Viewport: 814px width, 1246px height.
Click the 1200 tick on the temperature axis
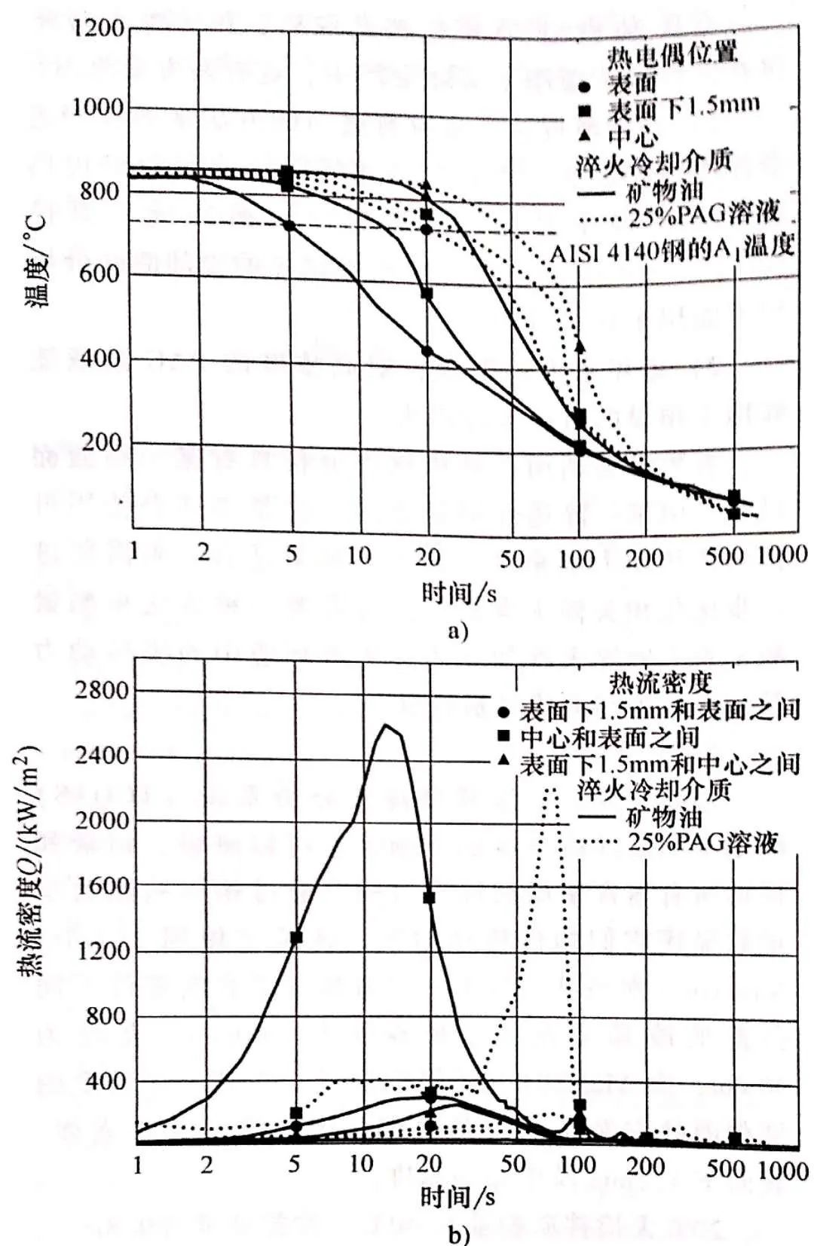click(x=98, y=29)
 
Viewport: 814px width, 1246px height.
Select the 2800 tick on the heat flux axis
click(x=101, y=691)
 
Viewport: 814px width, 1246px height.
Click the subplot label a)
click(x=457, y=630)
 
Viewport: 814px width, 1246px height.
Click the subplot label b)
click(x=457, y=1235)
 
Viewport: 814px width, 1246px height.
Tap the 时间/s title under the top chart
click(x=457, y=593)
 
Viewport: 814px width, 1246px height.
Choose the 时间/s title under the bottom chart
click(x=457, y=1196)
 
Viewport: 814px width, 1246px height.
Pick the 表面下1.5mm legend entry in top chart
click(x=682, y=108)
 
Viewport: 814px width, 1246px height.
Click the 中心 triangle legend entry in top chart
click(x=632, y=136)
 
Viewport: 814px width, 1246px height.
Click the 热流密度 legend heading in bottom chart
click(x=660, y=683)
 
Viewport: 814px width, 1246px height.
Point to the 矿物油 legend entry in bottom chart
click(x=663, y=817)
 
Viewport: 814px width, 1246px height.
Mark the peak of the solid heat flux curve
click(x=387, y=725)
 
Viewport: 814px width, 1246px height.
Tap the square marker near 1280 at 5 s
click(x=296, y=938)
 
